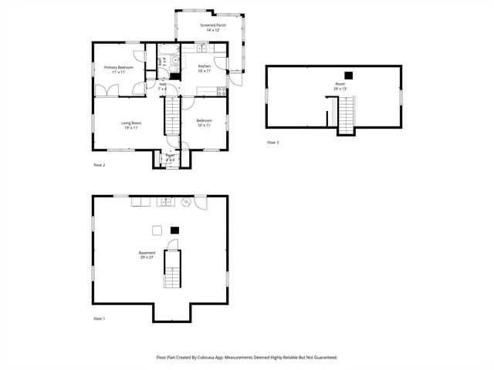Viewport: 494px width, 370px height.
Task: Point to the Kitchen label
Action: pos(205,68)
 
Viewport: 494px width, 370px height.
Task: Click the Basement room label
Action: pos(147,254)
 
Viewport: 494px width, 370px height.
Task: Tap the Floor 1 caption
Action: pos(99,318)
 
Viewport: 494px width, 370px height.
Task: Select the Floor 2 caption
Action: pos(99,165)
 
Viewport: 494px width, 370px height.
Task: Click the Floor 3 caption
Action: pos(272,143)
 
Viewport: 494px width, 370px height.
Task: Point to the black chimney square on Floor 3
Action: pos(349,75)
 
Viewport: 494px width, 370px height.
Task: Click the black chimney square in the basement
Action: pos(174,229)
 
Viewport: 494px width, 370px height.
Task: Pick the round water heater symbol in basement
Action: pos(186,202)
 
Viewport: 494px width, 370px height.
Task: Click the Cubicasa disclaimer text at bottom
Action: pos(247,357)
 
